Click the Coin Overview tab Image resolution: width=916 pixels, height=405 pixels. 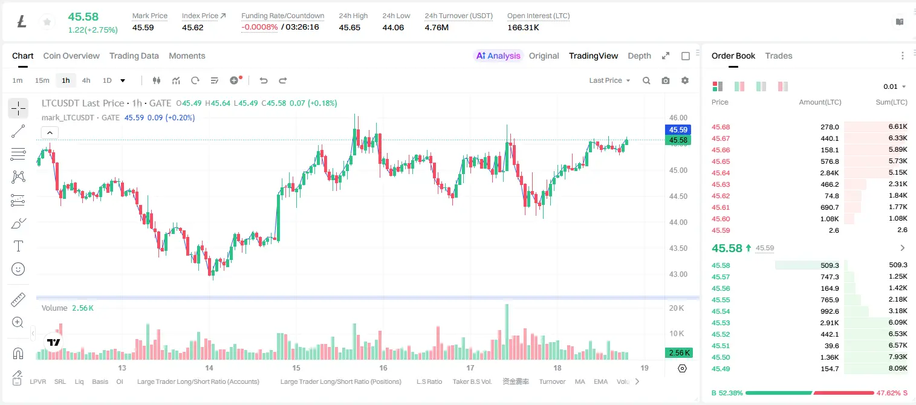[x=71, y=56]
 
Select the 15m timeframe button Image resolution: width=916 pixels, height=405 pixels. [x=42, y=80]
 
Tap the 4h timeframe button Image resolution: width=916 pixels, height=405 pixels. [x=86, y=80]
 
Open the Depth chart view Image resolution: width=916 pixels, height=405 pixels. [x=639, y=56]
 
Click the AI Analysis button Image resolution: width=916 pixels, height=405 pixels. [x=498, y=56]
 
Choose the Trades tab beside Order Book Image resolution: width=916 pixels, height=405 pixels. [x=779, y=56]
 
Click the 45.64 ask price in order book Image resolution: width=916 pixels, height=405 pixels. [x=721, y=173]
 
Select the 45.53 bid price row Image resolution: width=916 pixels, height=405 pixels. [x=721, y=323]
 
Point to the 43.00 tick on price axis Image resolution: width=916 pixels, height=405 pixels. [x=678, y=274]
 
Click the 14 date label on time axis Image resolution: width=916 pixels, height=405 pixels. [x=209, y=368]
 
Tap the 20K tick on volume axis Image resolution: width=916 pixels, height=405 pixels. [x=677, y=308]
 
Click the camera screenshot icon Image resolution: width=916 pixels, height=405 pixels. [x=666, y=80]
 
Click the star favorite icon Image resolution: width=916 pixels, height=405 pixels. [x=47, y=22]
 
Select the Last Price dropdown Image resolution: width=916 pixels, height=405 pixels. [x=609, y=80]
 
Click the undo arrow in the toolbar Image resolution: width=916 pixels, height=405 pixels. [x=264, y=80]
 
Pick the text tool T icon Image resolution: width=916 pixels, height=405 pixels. [x=18, y=246]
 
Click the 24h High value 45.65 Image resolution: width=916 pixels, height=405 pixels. [x=349, y=27]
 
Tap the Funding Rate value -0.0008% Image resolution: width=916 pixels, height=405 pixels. [x=259, y=27]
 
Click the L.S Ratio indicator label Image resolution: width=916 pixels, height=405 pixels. [x=429, y=381]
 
